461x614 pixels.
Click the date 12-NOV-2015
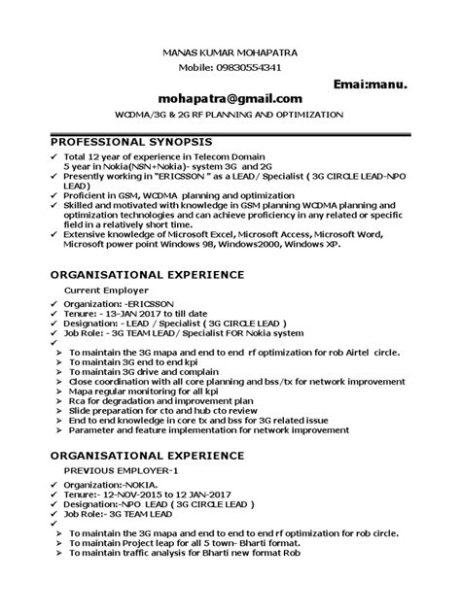136,493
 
